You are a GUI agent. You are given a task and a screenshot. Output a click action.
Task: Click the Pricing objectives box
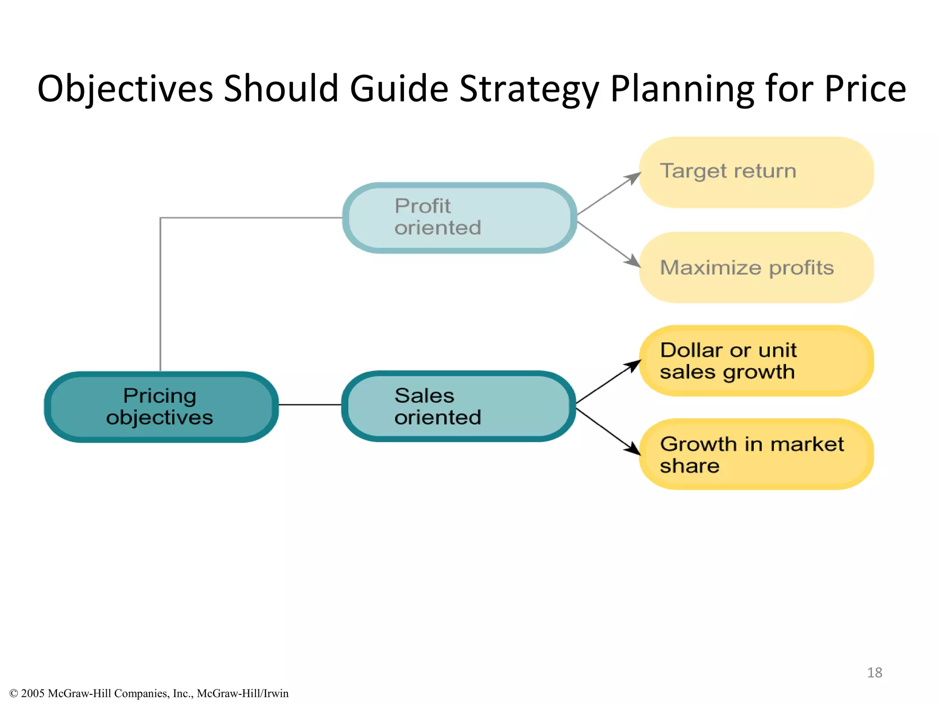click(x=160, y=407)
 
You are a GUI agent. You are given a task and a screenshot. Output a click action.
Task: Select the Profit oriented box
click(x=458, y=218)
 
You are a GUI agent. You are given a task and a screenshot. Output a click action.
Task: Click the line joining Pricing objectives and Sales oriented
click(x=310, y=405)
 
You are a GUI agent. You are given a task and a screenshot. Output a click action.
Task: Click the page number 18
click(x=874, y=672)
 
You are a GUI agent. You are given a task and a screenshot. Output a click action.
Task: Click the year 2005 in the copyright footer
click(x=33, y=693)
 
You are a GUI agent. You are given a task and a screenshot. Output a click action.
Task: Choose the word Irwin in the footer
click(x=276, y=693)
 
